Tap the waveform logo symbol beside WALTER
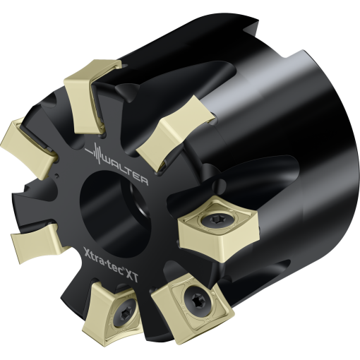point(94,153)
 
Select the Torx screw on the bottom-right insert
point(196,301)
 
